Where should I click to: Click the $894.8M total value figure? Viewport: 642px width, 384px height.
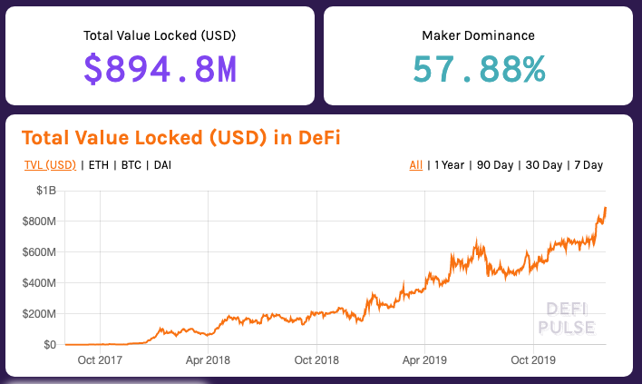pos(160,70)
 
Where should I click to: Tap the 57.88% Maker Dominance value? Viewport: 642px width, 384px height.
pos(478,70)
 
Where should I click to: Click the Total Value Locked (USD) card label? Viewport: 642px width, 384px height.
pos(160,35)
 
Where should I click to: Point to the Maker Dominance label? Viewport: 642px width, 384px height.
pos(478,35)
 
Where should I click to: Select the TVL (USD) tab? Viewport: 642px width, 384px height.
pos(50,165)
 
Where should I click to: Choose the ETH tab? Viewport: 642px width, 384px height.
pos(98,165)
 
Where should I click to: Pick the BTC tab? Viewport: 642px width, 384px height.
pos(131,165)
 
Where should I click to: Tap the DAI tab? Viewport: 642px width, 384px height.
pos(162,165)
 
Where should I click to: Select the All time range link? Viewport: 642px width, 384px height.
pos(415,165)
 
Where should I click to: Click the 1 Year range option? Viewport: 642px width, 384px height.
pos(450,165)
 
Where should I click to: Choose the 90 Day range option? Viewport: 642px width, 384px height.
pos(495,165)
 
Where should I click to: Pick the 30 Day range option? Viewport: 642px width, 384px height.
pos(544,165)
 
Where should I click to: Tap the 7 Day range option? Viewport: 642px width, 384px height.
pos(588,165)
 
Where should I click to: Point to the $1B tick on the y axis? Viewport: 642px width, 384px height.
pos(45,191)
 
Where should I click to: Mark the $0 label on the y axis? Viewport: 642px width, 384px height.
pos(50,345)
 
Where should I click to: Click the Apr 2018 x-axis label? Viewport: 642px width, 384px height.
pos(207,360)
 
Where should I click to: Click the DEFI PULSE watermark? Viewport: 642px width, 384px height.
pos(567,319)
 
